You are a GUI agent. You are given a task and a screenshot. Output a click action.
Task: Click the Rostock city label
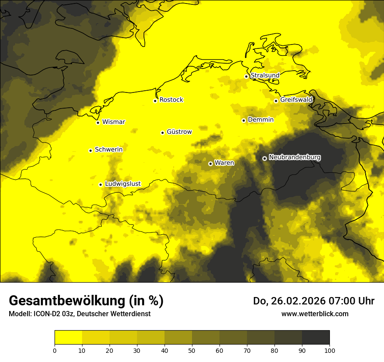[171, 100]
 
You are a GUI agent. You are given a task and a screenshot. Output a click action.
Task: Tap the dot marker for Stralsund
[246, 76]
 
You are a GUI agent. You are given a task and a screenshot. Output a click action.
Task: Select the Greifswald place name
[296, 100]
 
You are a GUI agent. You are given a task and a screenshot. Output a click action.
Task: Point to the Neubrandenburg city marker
[264, 158]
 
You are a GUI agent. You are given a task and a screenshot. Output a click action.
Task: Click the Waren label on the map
[224, 163]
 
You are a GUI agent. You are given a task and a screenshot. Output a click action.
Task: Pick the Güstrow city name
[179, 132]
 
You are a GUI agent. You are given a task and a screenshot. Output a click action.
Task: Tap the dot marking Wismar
[98, 123]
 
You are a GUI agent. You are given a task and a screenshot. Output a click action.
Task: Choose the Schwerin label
[109, 150]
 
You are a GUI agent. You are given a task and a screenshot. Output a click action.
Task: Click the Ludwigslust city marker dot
[100, 184]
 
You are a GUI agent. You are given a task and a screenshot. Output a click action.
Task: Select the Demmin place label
[261, 120]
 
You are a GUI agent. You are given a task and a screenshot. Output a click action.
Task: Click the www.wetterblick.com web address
[315, 314]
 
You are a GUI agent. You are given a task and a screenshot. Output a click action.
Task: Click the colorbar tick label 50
[192, 350]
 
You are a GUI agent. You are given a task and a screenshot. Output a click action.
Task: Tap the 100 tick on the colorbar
[329, 350]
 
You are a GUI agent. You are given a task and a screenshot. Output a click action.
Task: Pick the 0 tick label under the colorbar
[55, 350]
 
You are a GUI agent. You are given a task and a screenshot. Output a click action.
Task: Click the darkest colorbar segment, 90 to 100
[315, 338]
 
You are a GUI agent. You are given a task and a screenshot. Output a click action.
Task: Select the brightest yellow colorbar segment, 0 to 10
[68, 338]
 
